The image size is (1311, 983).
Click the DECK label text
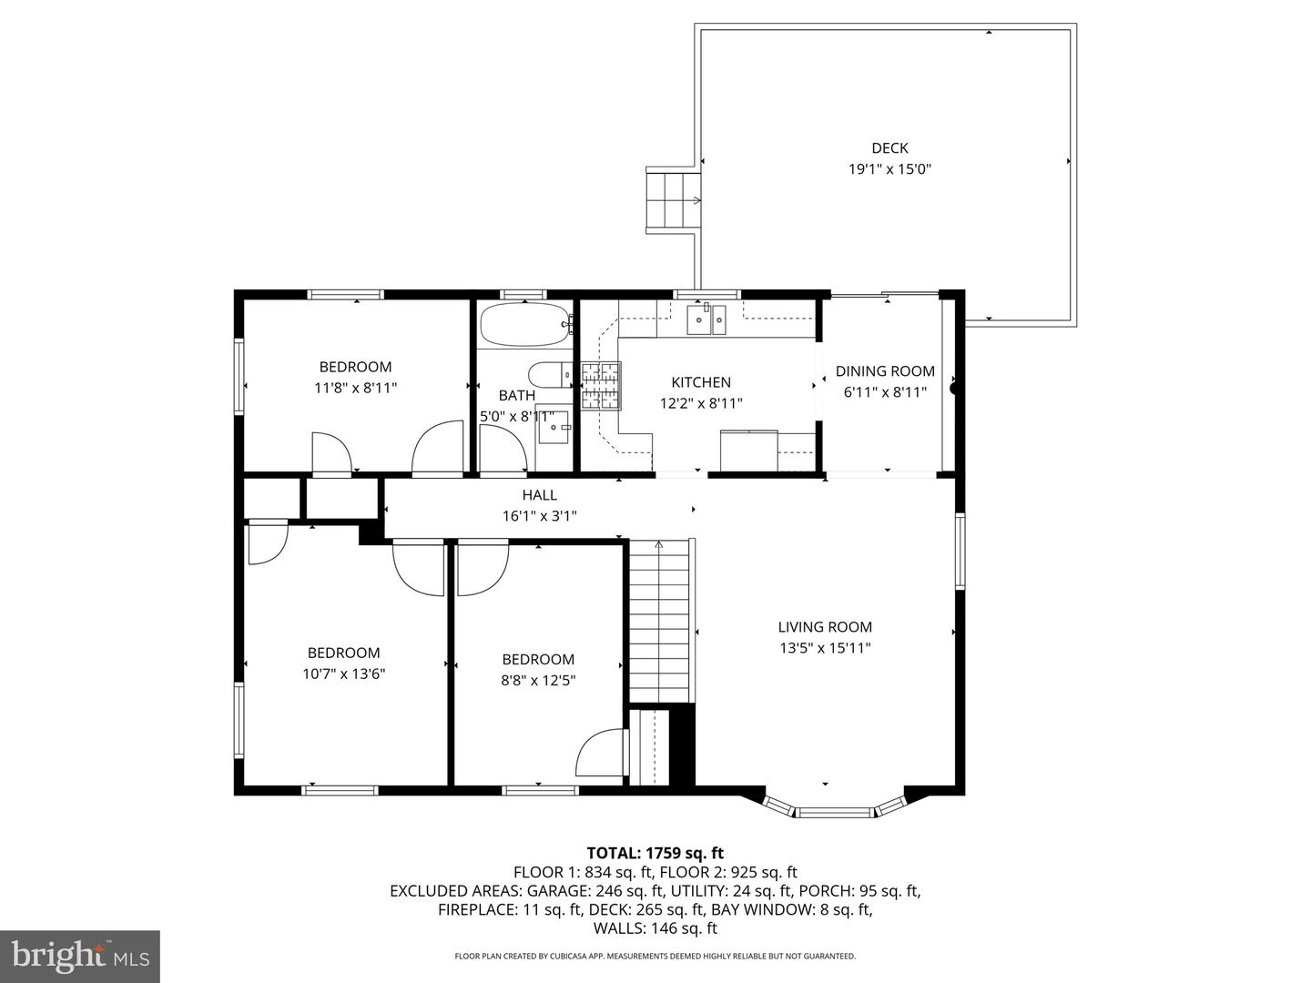click(x=889, y=148)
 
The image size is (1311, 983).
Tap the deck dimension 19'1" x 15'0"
click(x=889, y=169)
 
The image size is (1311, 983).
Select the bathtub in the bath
click(x=525, y=324)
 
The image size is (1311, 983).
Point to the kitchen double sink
click(x=706, y=319)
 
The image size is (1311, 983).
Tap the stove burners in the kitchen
click(x=601, y=386)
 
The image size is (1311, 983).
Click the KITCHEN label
click(x=701, y=382)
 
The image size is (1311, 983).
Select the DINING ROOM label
click(x=885, y=371)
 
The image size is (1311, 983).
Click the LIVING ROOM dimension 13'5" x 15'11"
click(x=825, y=647)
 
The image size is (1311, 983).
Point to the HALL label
click(x=539, y=495)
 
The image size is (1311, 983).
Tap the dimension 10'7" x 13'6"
click(x=343, y=674)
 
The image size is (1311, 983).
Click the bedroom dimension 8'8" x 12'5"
click(x=537, y=681)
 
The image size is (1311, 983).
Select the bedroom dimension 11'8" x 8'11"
click(x=355, y=388)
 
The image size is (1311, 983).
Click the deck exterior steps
click(x=673, y=199)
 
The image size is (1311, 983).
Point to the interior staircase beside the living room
click(x=659, y=621)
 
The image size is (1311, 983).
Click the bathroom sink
click(x=554, y=426)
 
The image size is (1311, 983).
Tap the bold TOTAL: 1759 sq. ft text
click(x=655, y=853)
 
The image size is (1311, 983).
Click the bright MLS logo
click(x=79, y=956)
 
